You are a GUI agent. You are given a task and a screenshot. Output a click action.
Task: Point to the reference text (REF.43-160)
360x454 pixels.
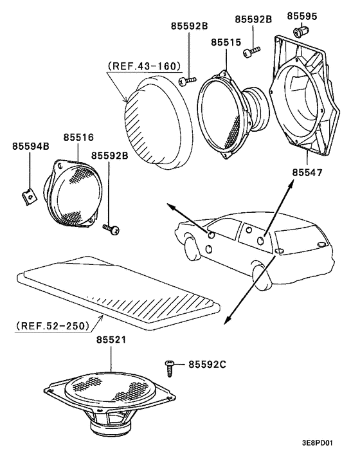pos(143,65)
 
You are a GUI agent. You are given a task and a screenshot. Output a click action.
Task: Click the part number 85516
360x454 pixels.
pos(79,138)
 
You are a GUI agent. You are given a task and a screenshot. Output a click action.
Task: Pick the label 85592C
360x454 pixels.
pos(206,365)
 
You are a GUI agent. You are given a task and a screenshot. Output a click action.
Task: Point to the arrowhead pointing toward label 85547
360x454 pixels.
pos(292,185)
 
